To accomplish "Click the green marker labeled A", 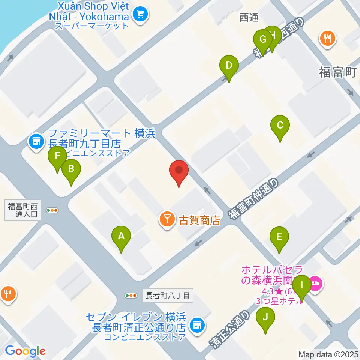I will (x=121, y=237).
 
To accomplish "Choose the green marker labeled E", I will (x=279, y=237).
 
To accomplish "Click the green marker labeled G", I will (x=262, y=40).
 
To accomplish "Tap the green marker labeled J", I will (x=265, y=318).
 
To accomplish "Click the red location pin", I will (x=179, y=172).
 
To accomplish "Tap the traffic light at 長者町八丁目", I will (x=131, y=295).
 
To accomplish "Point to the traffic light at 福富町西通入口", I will (x=52, y=210).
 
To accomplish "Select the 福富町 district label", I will (x=337, y=72).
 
